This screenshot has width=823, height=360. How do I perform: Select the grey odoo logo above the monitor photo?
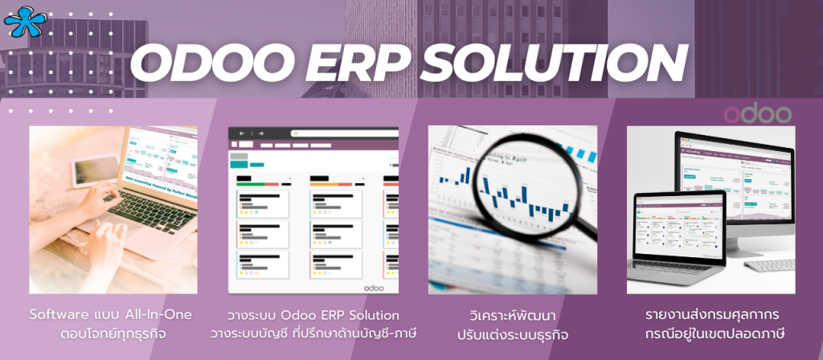(x=757, y=113)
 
